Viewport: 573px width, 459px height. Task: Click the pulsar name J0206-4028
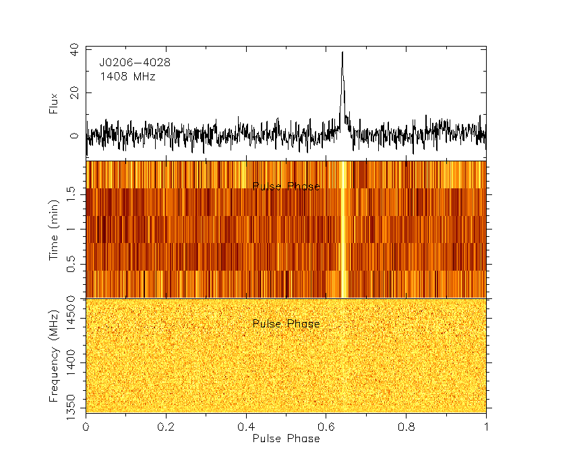point(135,63)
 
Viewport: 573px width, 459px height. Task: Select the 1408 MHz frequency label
point(127,77)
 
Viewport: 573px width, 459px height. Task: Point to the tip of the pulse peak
point(342,52)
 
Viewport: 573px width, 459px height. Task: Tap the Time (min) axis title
point(54,230)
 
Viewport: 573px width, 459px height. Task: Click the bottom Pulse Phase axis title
point(286,438)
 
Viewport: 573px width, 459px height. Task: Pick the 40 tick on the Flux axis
point(73,49)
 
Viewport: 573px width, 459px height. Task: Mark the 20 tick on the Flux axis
point(73,92)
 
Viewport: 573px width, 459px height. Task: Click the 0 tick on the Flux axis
point(73,136)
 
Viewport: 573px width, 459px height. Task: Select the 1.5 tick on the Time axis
point(73,194)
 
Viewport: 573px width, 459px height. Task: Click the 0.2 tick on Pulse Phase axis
point(166,427)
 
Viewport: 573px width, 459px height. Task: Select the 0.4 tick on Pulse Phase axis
point(246,427)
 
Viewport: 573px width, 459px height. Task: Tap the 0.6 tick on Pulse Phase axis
point(326,427)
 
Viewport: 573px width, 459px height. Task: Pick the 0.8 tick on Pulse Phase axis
point(406,427)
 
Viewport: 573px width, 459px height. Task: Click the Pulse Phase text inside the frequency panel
point(286,324)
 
